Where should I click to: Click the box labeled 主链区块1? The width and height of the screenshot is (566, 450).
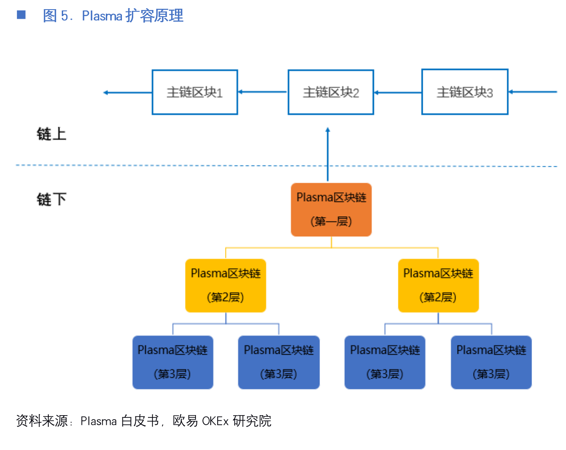pos(195,92)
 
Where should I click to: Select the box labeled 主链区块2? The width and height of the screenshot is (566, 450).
pos(331,92)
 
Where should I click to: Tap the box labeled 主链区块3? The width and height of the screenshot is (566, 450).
pos(465,92)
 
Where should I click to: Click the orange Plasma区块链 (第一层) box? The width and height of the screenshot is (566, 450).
pos(331,210)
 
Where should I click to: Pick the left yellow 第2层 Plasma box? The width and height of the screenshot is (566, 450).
pos(226,285)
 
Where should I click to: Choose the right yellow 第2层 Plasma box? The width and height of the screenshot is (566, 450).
pos(438,285)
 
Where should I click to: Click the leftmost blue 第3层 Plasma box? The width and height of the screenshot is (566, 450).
pos(173,362)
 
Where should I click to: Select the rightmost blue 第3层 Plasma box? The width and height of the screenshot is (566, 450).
pos(491,362)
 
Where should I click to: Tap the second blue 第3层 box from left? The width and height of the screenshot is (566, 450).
pos(279,362)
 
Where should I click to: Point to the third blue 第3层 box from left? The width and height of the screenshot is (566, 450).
pos(385,362)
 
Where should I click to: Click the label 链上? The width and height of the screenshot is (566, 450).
pos(51,134)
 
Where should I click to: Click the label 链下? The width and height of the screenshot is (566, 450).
pos(51,200)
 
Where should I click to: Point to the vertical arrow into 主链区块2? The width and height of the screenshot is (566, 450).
pos(328,154)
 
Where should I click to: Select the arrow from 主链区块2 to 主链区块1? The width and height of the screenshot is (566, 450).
pos(263,92)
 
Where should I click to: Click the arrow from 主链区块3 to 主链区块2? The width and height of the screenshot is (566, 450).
pos(398,92)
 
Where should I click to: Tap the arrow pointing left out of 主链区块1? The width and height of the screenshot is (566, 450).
pos(128,92)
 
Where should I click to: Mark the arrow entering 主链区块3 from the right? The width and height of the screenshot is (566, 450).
pos(532,92)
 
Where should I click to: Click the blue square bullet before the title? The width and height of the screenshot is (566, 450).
pos(21,15)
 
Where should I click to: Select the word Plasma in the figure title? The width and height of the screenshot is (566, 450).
pos(102,16)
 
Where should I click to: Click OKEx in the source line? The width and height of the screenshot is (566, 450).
pos(215,421)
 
